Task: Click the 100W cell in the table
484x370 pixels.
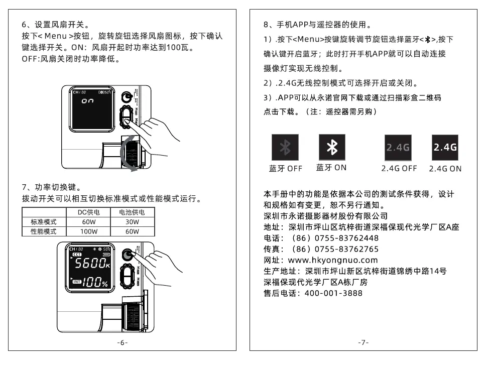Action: click(x=89, y=231)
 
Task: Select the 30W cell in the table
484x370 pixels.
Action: click(x=132, y=222)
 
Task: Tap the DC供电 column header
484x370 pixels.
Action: click(x=89, y=212)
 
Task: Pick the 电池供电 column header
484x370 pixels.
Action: click(x=132, y=212)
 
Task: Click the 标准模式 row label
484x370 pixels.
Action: click(x=43, y=222)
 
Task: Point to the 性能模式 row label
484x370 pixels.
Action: click(x=43, y=231)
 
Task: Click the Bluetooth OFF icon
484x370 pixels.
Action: click(x=285, y=147)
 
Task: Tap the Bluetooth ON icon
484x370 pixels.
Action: click(x=331, y=147)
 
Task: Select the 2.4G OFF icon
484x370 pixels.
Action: click(x=398, y=147)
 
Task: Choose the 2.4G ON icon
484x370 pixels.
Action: click(x=445, y=147)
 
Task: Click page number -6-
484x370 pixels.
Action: click(x=122, y=342)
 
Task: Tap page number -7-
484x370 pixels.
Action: click(x=364, y=342)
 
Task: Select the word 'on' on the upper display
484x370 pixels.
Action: click(x=87, y=101)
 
